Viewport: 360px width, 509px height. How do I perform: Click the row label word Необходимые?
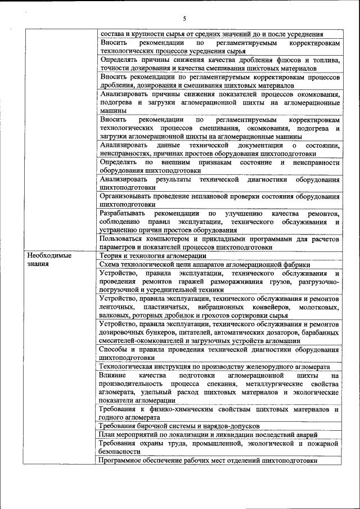click(49, 255)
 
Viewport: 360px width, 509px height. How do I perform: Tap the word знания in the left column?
click(38, 263)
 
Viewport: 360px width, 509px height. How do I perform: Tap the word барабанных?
click(319, 333)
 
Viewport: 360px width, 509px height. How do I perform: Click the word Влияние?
click(112, 375)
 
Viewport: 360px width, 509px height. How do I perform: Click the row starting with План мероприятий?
click(208, 434)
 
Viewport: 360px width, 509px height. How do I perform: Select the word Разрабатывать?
click(123, 213)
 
